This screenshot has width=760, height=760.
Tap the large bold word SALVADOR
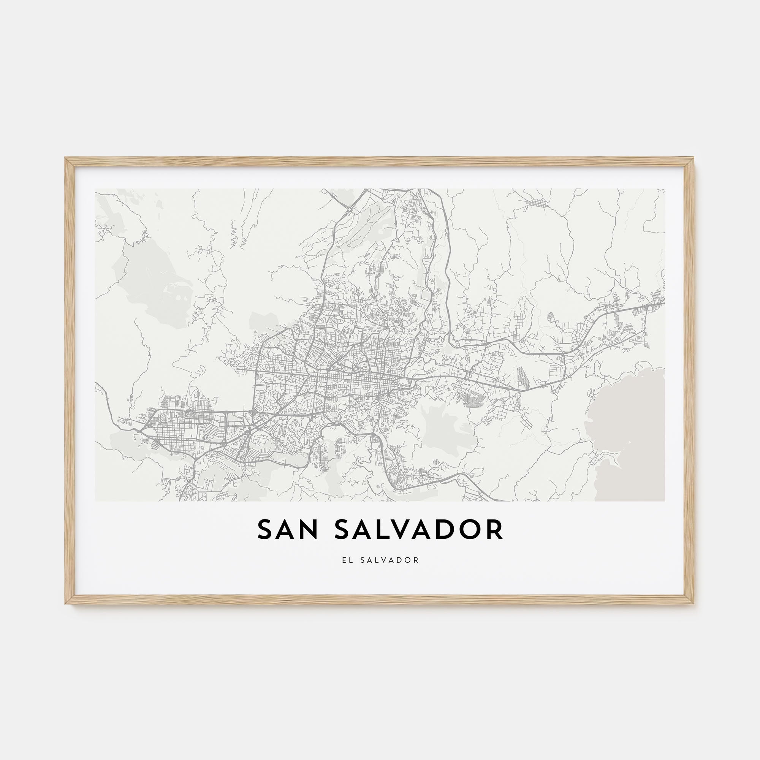pyautogui.click(x=419, y=530)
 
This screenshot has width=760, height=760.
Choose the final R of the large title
pyautogui.click(x=494, y=530)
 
